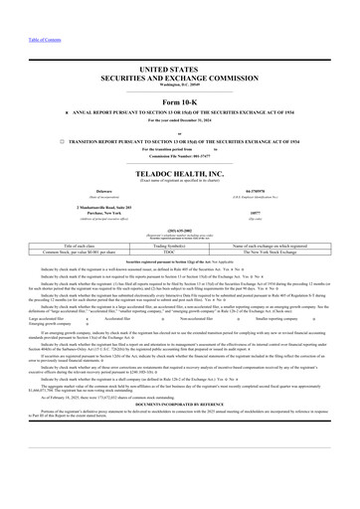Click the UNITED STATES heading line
point(180,68)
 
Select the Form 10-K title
point(180,103)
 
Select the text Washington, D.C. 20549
point(180,85)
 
